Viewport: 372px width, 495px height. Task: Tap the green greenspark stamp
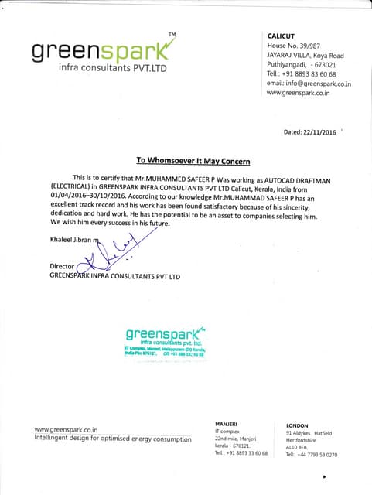164,339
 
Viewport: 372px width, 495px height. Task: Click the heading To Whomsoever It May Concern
193,161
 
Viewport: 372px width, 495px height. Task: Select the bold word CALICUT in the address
281,36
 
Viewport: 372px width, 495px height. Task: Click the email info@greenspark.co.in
309,83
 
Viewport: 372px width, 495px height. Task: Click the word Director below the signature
62,266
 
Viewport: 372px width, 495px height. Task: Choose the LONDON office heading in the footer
297,425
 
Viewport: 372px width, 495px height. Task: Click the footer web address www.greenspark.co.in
66,429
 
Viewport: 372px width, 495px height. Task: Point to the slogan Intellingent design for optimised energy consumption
113,439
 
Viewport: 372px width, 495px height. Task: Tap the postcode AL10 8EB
297,447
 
